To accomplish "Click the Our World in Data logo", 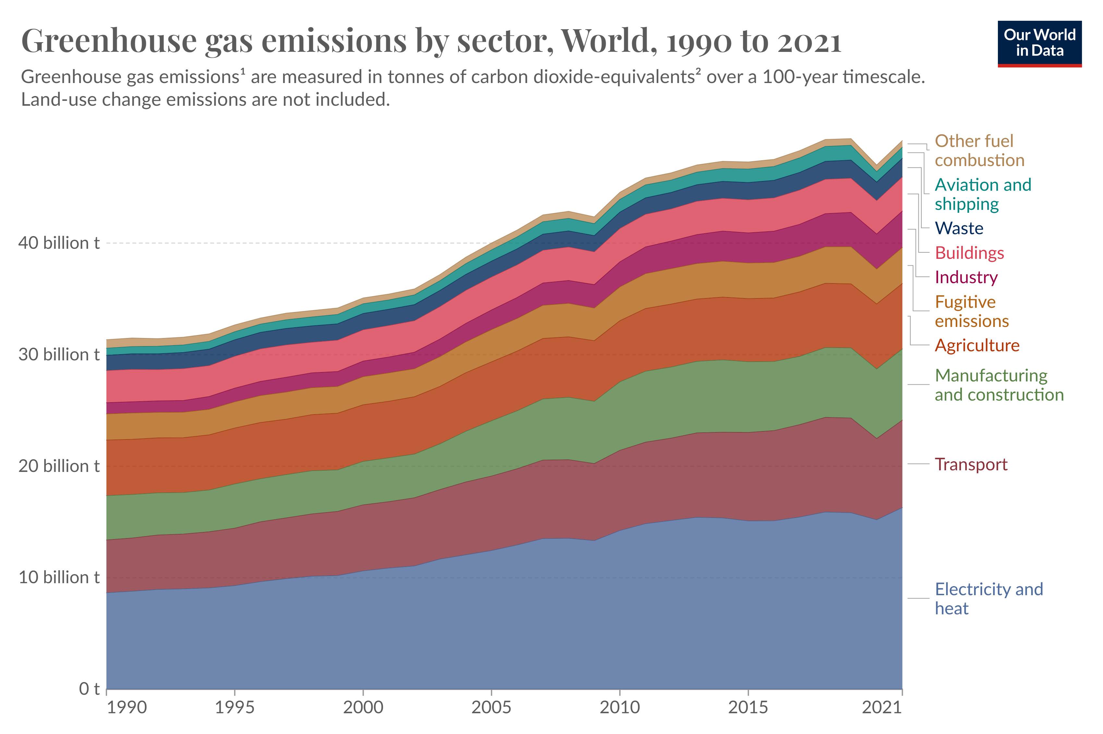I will tap(1039, 43).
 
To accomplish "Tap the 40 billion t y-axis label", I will tap(59, 243).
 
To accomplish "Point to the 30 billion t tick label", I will tap(59, 355).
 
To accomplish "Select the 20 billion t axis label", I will tap(59, 466).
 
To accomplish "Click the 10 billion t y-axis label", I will tap(59, 577).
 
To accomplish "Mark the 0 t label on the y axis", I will tap(89, 689).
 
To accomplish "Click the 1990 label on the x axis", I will tap(127, 707).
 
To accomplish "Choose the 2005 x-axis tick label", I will tap(491, 707).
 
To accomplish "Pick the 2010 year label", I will tap(619, 707).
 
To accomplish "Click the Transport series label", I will tap(971, 464).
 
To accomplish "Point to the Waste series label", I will tap(959, 228).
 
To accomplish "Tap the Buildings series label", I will tap(969, 253).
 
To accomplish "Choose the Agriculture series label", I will tap(977, 345).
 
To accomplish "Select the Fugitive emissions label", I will tap(971, 311).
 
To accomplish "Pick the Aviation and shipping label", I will tap(983, 194).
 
